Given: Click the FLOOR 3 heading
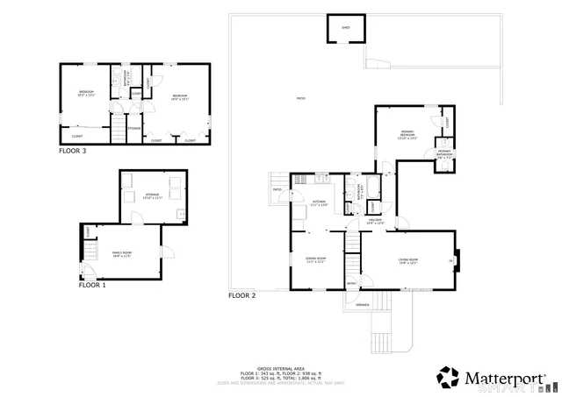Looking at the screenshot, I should click(x=72, y=151).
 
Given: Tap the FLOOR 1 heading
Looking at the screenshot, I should click(x=92, y=285).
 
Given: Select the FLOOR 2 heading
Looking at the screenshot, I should click(x=241, y=295).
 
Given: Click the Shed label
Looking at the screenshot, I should click(x=345, y=28).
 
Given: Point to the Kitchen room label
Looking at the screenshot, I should click(x=319, y=202).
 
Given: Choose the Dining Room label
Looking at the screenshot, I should click(x=315, y=259).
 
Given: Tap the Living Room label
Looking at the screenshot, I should click(x=407, y=260).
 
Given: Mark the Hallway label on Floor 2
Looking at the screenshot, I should click(x=375, y=222).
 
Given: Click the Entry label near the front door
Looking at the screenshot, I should click(x=352, y=283).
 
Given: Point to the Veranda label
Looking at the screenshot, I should click(x=361, y=304).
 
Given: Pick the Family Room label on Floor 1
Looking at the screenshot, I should click(x=120, y=254).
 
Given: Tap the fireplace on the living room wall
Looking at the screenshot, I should click(x=457, y=260).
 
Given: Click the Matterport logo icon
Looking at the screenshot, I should click(x=449, y=377).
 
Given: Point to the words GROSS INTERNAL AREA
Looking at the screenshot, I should click(x=275, y=368).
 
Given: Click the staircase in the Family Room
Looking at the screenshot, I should click(x=89, y=255).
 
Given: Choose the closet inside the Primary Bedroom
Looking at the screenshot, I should click(x=447, y=123).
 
